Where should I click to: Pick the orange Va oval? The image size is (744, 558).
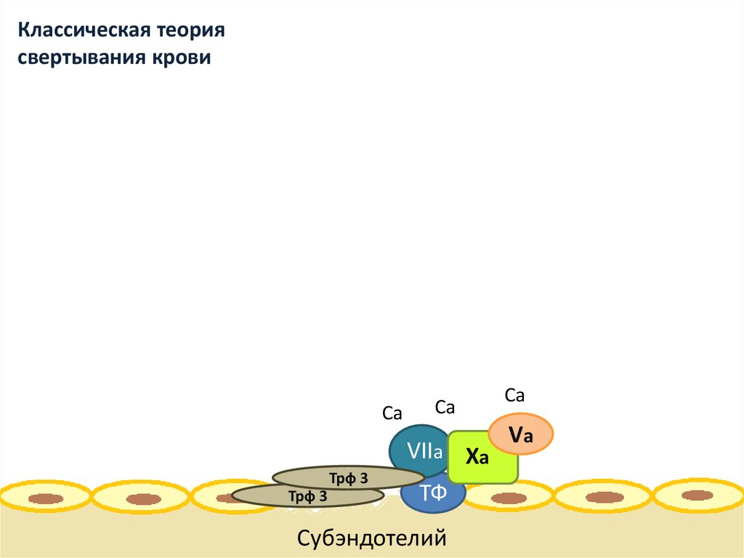click(521, 434)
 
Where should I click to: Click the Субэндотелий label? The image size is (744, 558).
click(371, 539)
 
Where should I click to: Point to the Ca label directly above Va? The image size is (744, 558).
click(514, 396)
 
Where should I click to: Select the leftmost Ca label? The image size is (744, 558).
click(392, 414)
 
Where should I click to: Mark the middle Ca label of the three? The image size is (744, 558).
click(445, 407)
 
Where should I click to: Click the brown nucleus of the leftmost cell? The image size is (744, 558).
click(45, 499)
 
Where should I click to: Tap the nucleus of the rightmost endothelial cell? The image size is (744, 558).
click(697, 495)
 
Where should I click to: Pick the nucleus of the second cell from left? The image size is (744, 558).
click(143, 499)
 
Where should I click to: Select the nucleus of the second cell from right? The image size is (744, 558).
click(604, 497)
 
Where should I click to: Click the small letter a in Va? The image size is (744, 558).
click(528, 437)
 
